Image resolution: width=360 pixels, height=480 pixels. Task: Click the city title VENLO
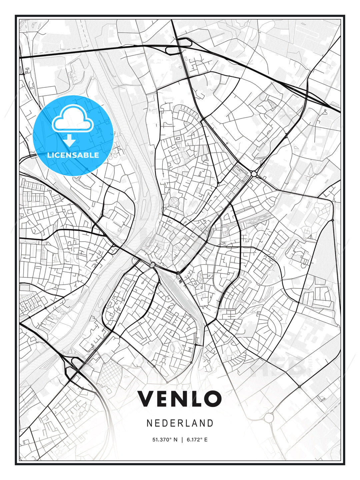click(x=180, y=399)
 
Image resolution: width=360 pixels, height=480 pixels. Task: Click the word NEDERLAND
click(x=180, y=423)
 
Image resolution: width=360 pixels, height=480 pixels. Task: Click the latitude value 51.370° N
click(x=165, y=440)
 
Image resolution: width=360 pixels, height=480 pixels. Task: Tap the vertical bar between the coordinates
click(x=182, y=440)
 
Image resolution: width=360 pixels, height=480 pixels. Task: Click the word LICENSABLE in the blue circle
click(x=73, y=155)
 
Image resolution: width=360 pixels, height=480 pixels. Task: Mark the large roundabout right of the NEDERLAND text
click(x=269, y=417)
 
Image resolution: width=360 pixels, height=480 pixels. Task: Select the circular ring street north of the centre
click(x=174, y=202)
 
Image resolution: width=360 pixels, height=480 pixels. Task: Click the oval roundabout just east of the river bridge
click(x=152, y=265)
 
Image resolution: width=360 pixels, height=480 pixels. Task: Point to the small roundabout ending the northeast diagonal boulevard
click(x=254, y=174)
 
